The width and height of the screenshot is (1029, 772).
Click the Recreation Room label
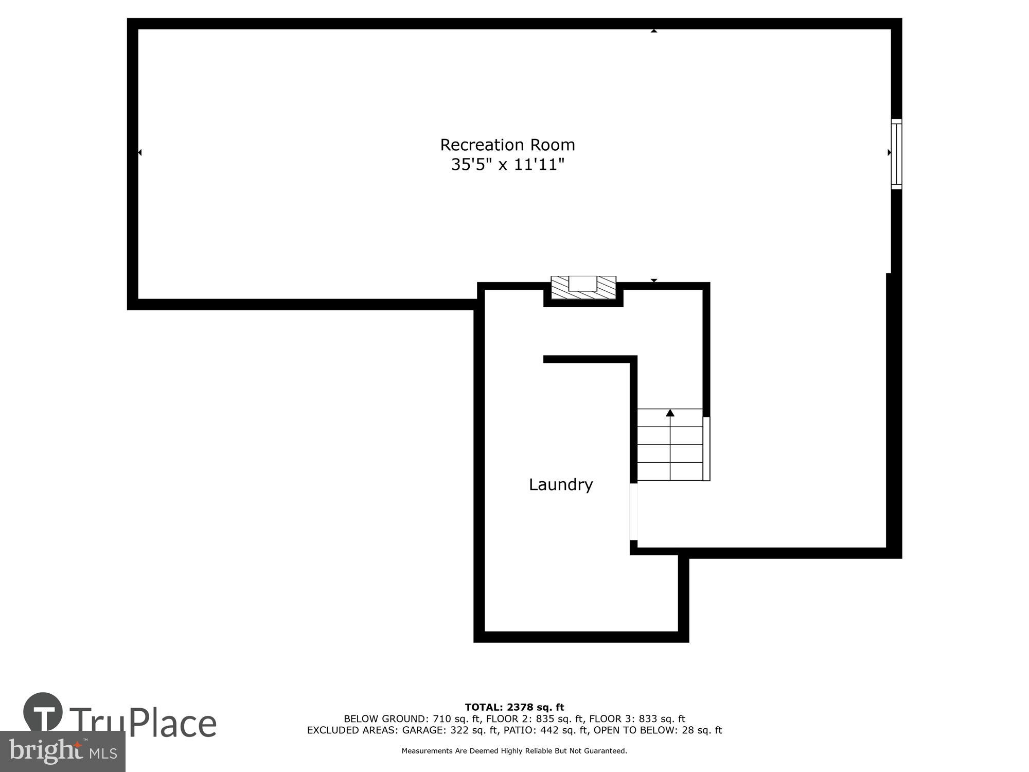[x=507, y=145]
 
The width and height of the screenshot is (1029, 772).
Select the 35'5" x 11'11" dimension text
[x=507, y=165]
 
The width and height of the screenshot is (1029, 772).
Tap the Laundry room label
[x=561, y=485]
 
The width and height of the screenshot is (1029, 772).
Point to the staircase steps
[x=670, y=445]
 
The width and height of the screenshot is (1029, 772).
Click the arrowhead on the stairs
[x=670, y=413]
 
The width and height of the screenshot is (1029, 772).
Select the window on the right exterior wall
[x=896, y=154]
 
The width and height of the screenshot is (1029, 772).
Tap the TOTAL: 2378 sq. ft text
[x=514, y=708]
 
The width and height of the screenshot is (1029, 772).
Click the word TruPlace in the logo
[x=143, y=723]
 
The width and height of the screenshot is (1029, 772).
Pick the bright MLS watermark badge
[x=63, y=751]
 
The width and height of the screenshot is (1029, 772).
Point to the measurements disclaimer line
[x=514, y=751]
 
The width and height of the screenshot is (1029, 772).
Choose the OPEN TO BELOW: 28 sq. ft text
[x=658, y=730]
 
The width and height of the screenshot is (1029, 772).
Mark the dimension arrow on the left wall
[x=139, y=152]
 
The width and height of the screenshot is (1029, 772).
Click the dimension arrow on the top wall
[x=654, y=31]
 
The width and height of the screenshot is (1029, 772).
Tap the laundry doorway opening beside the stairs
[x=634, y=512]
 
